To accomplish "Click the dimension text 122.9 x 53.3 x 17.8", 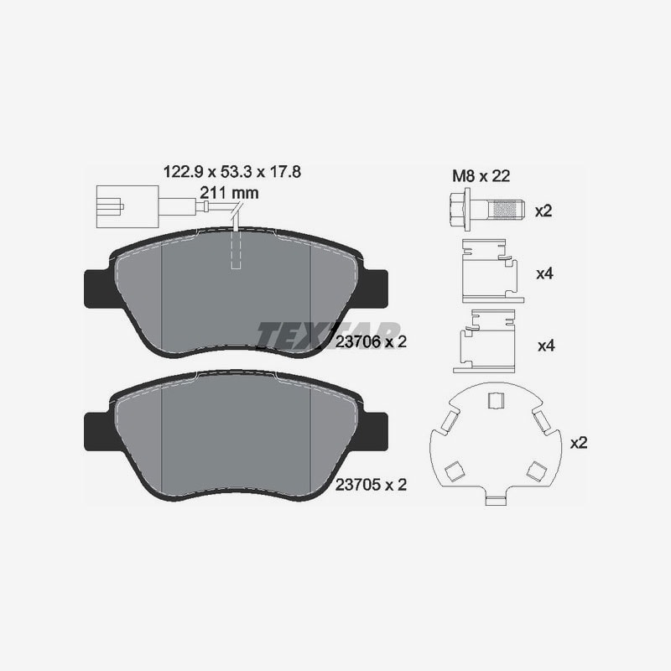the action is click(232, 172).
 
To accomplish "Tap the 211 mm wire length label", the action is click(229, 193).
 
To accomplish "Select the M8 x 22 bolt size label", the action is click(481, 176).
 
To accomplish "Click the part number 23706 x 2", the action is click(371, 342).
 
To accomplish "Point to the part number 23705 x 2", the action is click(371, 485).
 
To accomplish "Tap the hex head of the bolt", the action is click(460, 210).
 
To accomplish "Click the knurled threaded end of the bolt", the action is click(506, 209).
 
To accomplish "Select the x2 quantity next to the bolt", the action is click(544, 211).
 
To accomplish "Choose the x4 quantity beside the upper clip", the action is click(544, 273).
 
